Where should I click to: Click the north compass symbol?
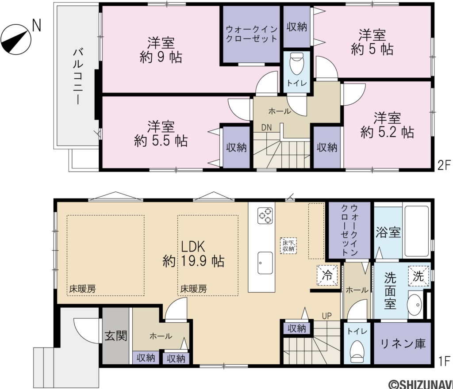point(16,39)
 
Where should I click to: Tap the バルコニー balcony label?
point(77,76)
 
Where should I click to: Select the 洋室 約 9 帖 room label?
point(161,50)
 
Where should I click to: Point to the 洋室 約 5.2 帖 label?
point(387,125)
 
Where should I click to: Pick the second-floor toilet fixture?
point(296,65)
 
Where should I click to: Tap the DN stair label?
point(266,128)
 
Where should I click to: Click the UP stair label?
point(327,316)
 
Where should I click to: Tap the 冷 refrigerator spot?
point(327,276)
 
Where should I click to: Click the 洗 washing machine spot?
point(418,276)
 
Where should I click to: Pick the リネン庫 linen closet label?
point(402,343)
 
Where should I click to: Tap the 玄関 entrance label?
point(116,336)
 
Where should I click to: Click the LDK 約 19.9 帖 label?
point(193,253)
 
